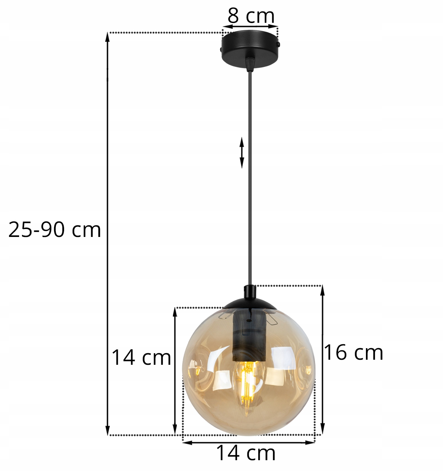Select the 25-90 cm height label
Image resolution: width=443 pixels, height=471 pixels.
tap(55, 230)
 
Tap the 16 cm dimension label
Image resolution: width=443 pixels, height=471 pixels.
tap(353, 353)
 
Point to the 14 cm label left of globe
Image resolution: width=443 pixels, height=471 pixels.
tap(141, 358)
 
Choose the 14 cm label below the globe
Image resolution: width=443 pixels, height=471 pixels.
tap(246, 453)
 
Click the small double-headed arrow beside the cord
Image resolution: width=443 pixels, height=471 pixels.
tap(242, 153)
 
